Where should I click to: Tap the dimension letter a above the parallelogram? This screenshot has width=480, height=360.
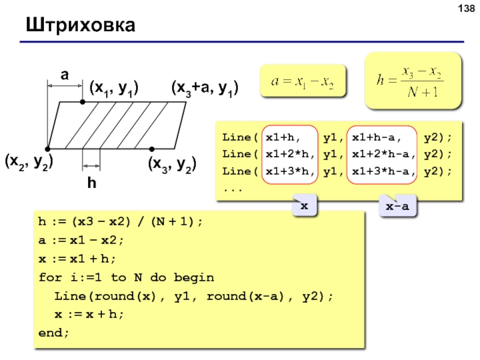tap(64, 75)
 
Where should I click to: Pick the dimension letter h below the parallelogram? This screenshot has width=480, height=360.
tap(92, 184)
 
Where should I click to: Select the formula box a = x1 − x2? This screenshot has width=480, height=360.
tap(302, 80)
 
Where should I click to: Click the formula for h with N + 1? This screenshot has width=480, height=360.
tap(414, 81)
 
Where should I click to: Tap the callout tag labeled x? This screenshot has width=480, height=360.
tap(304, 206)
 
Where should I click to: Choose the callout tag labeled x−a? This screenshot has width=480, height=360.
tap(397, 206)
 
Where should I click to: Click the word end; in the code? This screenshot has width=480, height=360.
tap(54, 332)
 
